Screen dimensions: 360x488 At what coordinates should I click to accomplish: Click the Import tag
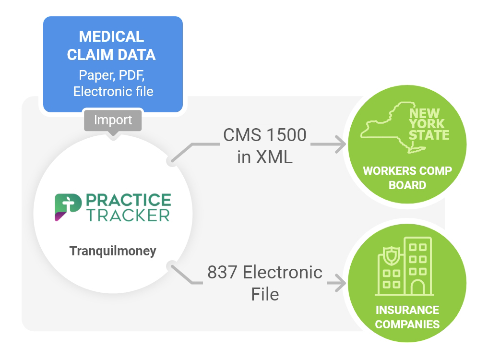point(113,120)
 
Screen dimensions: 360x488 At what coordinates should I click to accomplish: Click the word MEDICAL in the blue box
point(111,36)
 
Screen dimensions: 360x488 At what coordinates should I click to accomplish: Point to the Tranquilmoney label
point(113,251)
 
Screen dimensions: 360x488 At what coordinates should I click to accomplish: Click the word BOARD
point(407,185)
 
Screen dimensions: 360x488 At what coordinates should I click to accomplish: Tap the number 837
point(222,272)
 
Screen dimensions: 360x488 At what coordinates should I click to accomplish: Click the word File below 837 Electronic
point(264,294)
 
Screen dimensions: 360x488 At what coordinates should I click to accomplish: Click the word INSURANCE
point(407,310)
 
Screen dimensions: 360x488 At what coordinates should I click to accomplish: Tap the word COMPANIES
point(407,324)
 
